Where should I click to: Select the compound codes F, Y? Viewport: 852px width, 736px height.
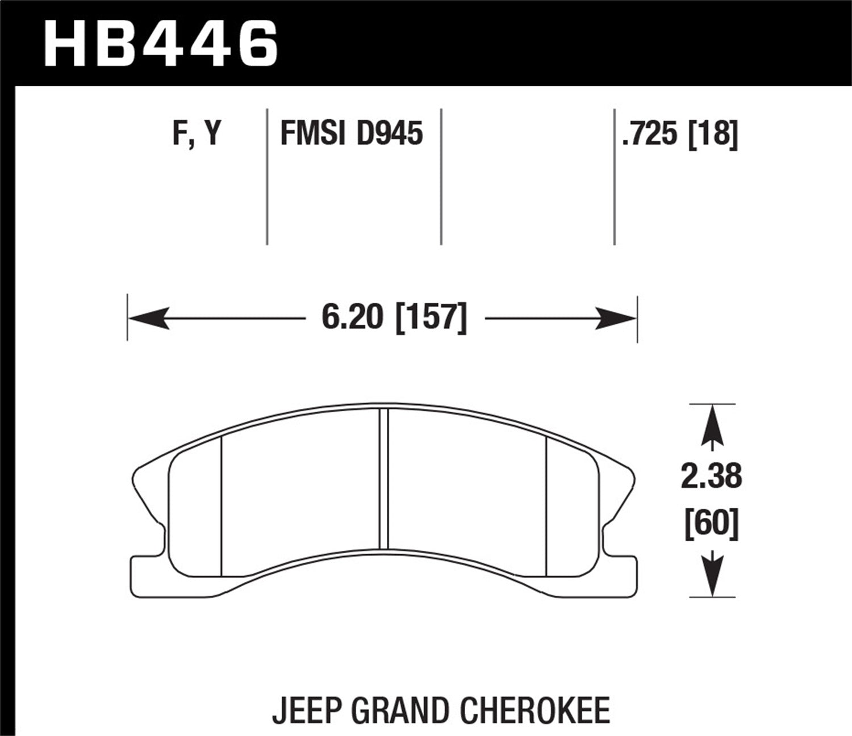tap(197, 135)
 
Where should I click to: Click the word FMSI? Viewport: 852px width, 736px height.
tap(310, 135)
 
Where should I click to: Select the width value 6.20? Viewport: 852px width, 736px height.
tap(352, 318)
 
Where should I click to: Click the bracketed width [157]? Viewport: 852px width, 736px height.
tap(431, 318)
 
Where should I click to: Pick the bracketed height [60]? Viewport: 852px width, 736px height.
tap(711, 524)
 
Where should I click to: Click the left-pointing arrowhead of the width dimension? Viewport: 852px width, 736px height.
tap(149, 318)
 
